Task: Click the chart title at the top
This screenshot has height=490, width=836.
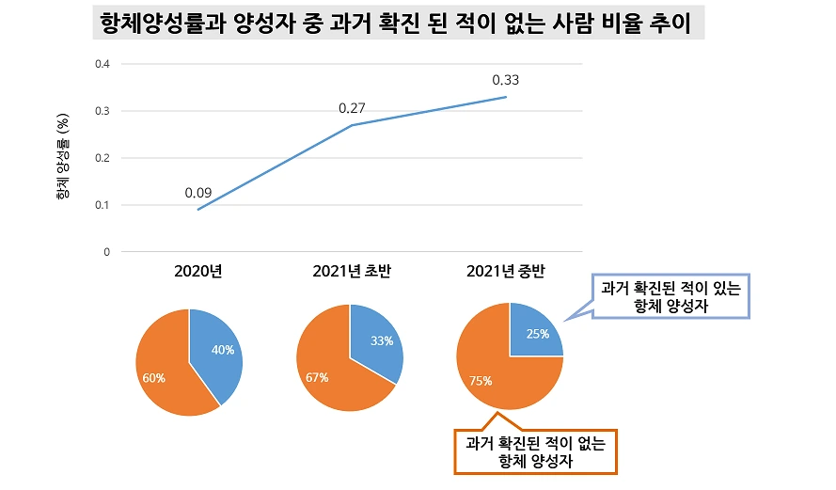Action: pos(399,23)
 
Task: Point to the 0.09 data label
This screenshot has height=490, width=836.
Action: pos(197,193)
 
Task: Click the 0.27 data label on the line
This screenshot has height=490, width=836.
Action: pos(352,109)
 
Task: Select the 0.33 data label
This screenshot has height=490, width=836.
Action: pos(506,80)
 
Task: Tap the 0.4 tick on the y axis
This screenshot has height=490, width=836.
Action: pos(103,64)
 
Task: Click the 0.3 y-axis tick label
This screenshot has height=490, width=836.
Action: pos(103,111)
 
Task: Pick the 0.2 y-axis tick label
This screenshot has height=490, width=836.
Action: pos(103,158)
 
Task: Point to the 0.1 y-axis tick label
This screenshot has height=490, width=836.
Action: pos(103,205)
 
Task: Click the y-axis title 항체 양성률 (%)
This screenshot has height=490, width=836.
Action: pos(63,158)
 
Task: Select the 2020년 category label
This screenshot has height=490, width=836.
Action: pos(197,273)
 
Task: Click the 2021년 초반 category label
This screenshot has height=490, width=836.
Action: pos(352,273)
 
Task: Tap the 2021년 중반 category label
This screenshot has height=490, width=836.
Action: pos(506,273)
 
